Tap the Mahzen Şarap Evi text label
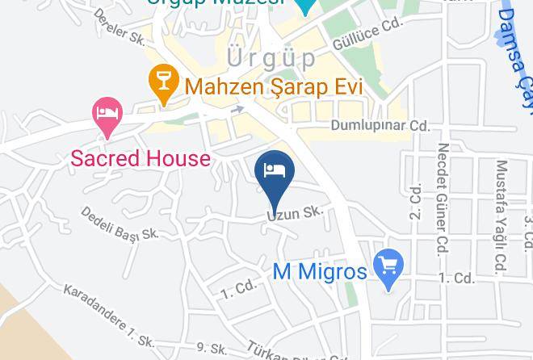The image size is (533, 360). coord(273,84)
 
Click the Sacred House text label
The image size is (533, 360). coord(141,157)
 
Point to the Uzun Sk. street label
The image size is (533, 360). coord(296,213)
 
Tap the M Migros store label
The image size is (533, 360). coord(320,271)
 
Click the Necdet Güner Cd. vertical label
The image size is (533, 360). coord(443,198)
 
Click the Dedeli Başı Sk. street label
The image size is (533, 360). coord(120,224)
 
